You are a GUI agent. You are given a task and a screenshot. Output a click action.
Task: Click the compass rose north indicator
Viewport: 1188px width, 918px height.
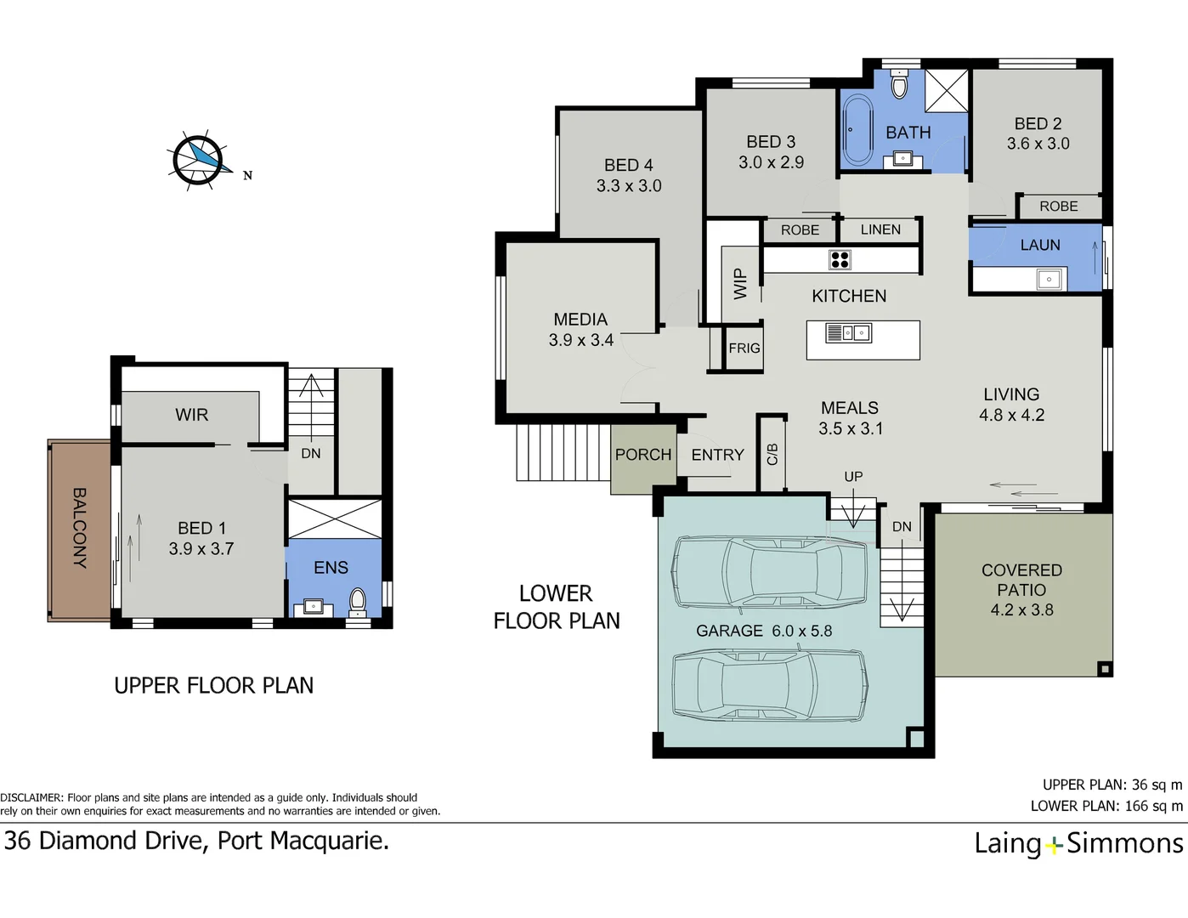point(201,159)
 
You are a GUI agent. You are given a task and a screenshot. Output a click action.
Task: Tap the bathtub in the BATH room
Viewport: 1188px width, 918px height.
point(857,131)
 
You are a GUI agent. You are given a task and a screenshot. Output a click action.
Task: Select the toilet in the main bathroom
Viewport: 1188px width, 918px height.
point(899,85)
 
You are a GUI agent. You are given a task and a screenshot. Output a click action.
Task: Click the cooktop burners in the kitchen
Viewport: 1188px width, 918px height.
point(840,260)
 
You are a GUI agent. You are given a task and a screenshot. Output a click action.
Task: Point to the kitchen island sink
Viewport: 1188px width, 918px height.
point(848,333)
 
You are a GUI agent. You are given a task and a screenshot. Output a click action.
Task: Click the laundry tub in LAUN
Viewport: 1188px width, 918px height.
point(1049,279)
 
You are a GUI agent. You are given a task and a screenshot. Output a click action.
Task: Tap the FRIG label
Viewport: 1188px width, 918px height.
point(744,348)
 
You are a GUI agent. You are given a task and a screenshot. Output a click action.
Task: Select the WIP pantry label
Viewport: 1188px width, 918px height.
point(740,284)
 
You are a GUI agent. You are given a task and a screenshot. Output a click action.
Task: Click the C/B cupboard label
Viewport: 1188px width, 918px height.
point(772,454)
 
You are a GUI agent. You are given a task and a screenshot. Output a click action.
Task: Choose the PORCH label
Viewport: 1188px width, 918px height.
point(643,455)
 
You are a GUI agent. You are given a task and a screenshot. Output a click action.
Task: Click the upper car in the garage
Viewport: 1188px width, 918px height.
point(770,572)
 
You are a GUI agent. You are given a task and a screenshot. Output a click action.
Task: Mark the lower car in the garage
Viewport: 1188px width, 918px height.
point(770,685)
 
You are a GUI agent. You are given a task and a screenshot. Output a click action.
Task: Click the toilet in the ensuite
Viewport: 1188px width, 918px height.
point(358,601)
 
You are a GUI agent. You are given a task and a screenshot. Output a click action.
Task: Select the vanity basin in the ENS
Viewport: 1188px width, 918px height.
point(314,607)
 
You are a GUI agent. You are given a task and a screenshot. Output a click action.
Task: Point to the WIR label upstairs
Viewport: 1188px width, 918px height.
point(191,415)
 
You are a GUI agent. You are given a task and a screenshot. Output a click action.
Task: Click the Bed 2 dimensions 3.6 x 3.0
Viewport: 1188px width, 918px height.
point(1038,144)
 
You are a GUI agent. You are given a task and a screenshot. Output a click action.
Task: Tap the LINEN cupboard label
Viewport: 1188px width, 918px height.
point(880,229)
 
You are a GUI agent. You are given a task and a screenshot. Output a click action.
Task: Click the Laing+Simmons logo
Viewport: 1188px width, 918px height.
point(1078,843)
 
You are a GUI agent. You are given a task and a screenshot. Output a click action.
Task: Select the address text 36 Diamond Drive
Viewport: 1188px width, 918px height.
point(196,841)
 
